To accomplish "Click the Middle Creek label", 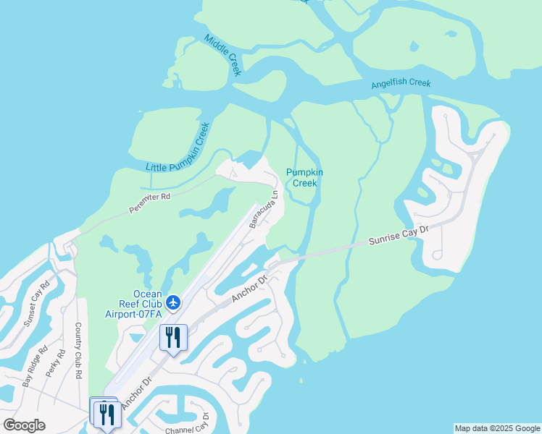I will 222,55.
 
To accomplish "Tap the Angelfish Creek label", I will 401,83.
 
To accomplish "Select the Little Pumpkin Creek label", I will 178,148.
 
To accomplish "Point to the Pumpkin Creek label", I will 304,177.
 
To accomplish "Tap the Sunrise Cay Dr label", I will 399,235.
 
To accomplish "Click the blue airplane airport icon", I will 172,302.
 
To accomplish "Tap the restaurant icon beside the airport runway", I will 174,337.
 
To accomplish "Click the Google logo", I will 24,425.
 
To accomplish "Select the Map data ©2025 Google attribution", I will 497,428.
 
